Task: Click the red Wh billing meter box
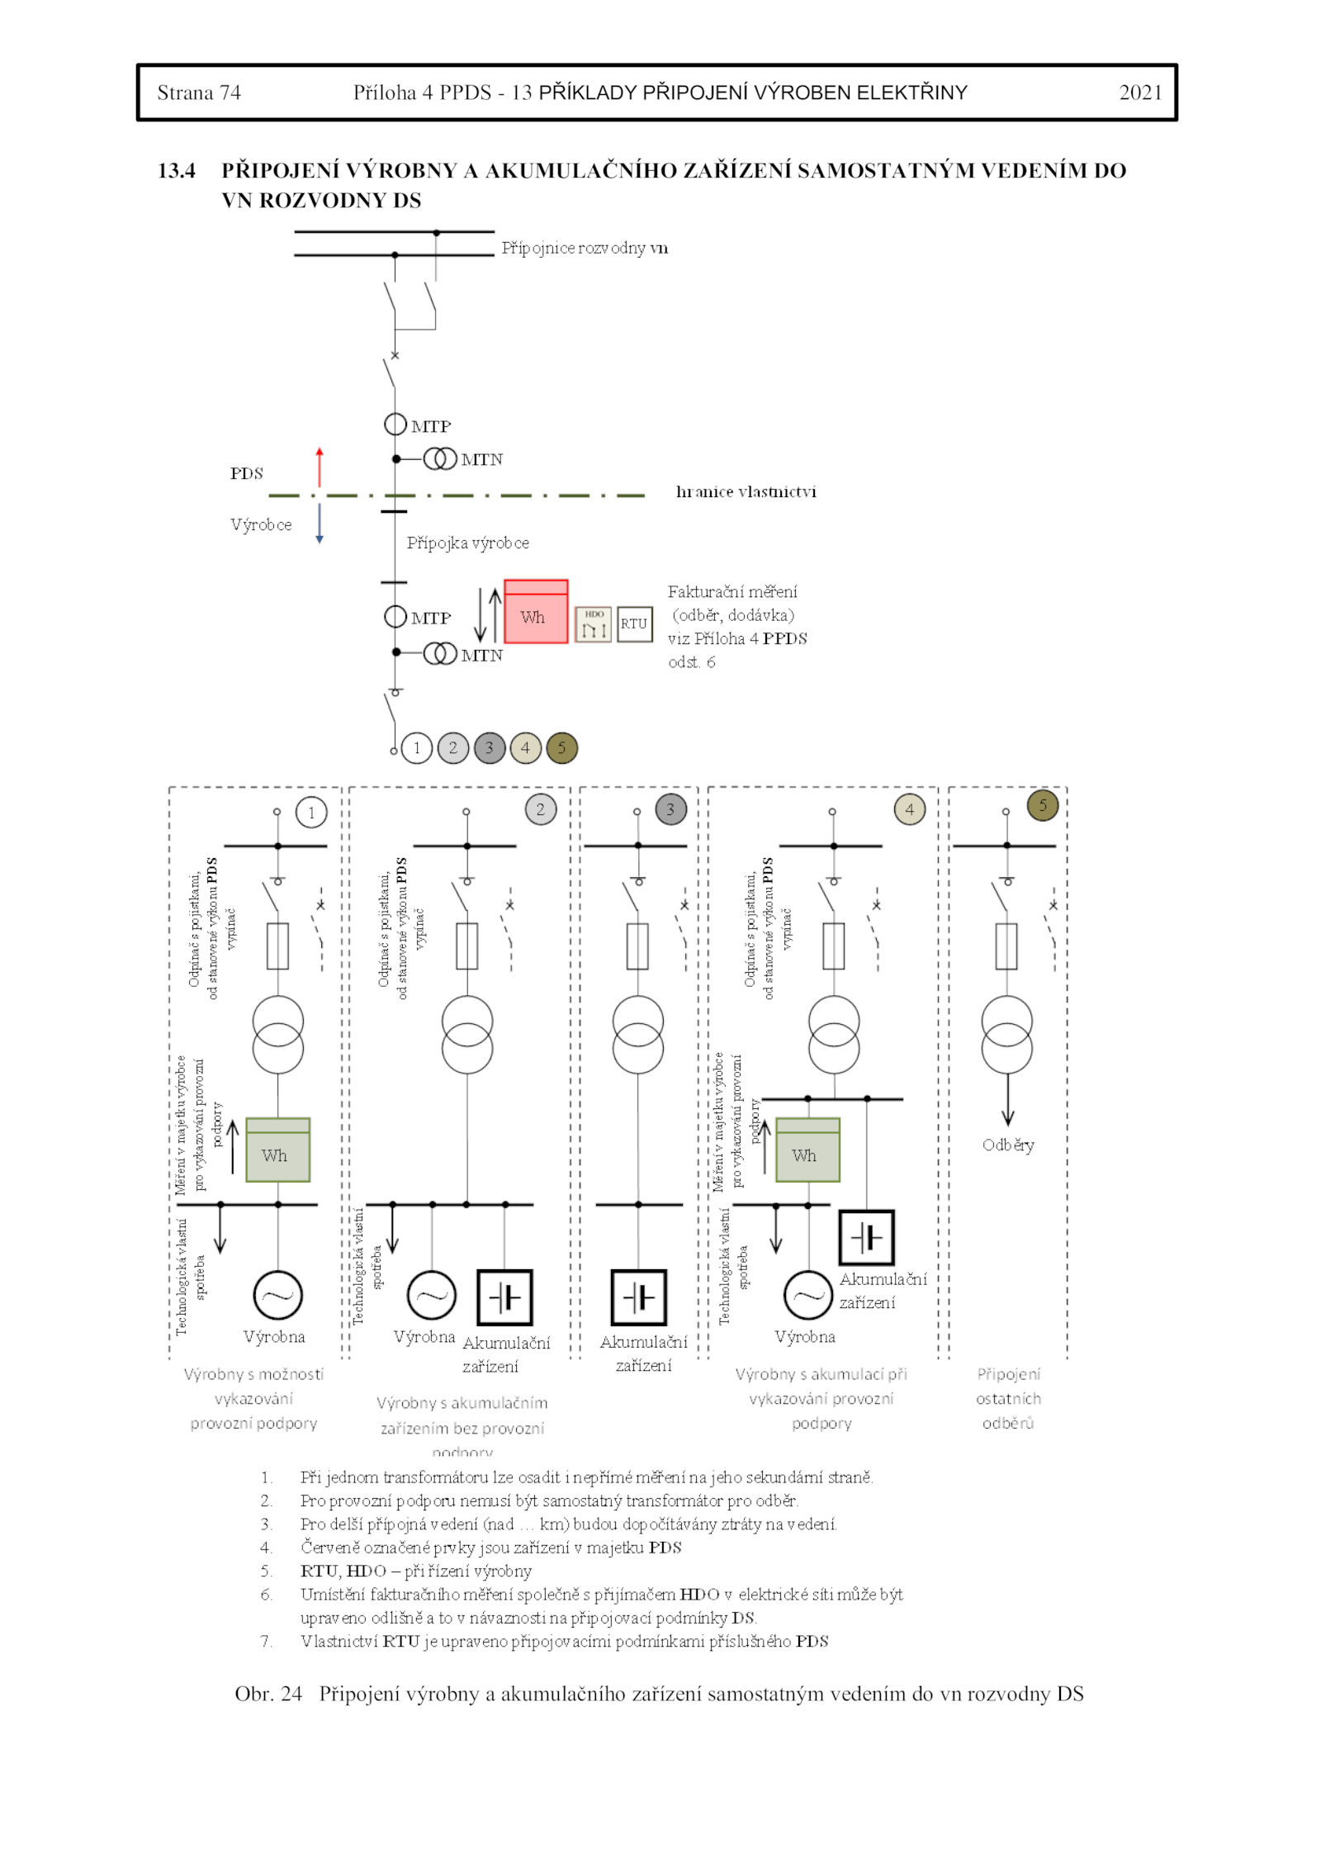[536, 612]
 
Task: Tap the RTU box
[634, 623]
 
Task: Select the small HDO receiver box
[594, 624]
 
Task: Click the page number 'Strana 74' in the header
[199, 92]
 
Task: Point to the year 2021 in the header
[1140, 92]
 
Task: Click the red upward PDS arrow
[320, 467]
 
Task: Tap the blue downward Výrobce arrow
[320, 523]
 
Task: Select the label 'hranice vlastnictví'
[746, 492]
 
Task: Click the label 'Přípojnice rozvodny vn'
[585, 248]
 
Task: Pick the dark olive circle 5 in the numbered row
[562, 748]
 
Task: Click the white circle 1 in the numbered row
[417, 748]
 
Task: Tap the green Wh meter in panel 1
[277, 1150]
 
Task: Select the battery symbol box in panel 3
[638, 1297]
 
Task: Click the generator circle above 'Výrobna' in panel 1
[277, 1295]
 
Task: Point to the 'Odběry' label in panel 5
[1008, 1145]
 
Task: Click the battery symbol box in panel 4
[866, 1238]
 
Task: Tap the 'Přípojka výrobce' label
[467, 543]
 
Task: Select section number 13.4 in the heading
[177, 171]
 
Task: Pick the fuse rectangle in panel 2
[467, 946]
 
